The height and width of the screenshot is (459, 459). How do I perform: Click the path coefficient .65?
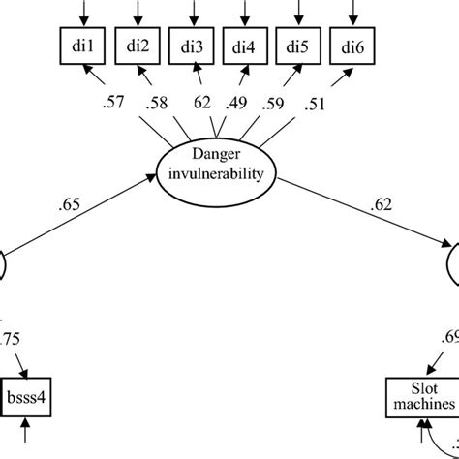[x=72, y=203]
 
